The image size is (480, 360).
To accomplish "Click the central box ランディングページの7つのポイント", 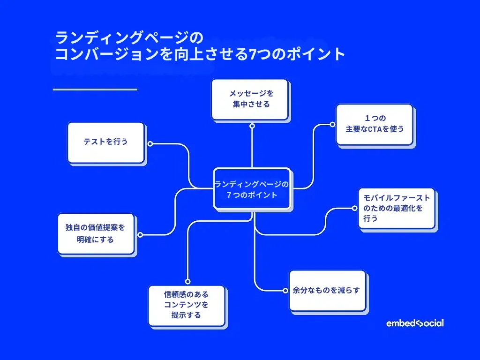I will (252, 188).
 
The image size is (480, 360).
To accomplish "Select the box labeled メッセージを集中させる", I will (249, 99).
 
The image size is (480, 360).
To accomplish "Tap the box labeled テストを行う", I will (105, 142).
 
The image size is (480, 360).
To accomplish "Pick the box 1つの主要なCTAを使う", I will (374, 124).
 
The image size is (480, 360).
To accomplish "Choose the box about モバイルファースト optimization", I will (397, 208).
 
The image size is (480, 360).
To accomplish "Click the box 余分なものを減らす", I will (327, 290).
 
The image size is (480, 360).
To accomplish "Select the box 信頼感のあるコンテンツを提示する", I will (187, 305).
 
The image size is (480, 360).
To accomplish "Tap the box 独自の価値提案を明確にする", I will (96, 233).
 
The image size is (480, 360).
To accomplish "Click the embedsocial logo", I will (415, 323).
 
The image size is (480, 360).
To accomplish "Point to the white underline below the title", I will (95, 89).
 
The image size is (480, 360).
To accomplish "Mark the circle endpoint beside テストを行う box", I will (150, 144).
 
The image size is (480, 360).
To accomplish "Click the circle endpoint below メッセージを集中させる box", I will (252, 126).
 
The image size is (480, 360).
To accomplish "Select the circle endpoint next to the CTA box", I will (332, 125).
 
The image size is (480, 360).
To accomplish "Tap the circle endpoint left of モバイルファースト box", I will (354, 208).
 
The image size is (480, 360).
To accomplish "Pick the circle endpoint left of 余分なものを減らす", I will (285, 291).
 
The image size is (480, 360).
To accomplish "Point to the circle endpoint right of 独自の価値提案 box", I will (140, 234).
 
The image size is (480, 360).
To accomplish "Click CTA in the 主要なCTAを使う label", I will (375, 129).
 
